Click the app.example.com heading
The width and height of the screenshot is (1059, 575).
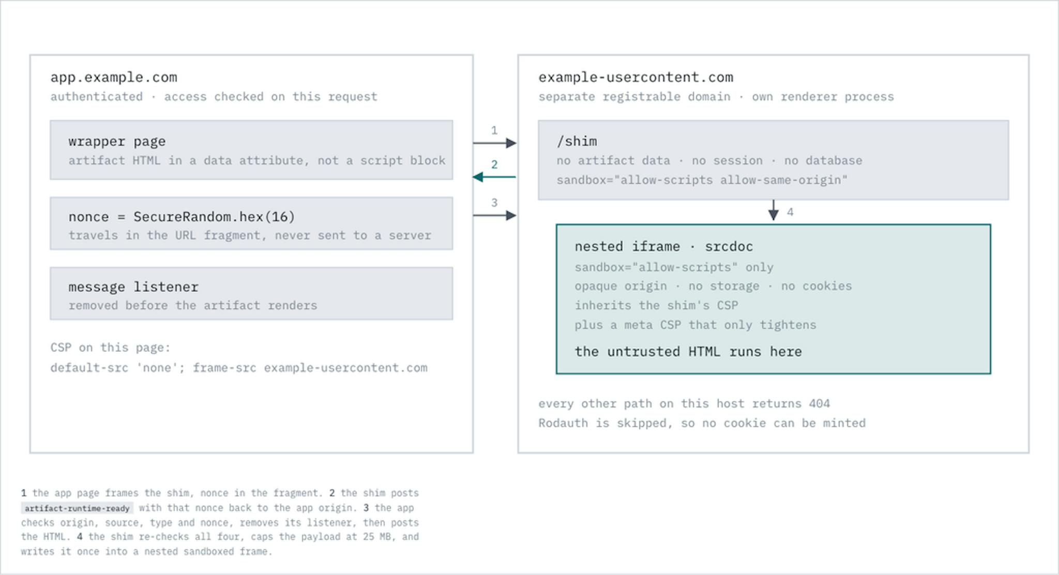pyautogui.click(x=114, y=77)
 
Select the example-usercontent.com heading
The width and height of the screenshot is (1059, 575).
pyautogui.click(x=636, y=77)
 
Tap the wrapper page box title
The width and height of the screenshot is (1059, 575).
pyautogui.click(x=117, y=141)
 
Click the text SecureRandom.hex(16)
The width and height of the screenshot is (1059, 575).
pyautogui.click(x=214, y=216)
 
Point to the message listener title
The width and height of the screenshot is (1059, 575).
pyautogui.click(x=133, y=286)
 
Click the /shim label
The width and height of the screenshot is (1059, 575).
pyautogui.click(x=577, y=141)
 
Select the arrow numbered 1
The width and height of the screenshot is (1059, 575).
pyautogui.click(x=494, y=143)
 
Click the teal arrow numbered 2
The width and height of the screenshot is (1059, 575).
pyautogui.click(x=494, y=177)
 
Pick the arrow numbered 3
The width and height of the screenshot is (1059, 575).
pyautogui.click(x=494, y=215)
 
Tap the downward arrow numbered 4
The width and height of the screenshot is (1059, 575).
pyautogui.click(x=774, y=210)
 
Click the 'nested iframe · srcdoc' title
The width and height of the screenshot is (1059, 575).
pyautogui.click(x=663, y=246)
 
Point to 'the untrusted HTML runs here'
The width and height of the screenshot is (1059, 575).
pyautogui.click(x=688, y=352)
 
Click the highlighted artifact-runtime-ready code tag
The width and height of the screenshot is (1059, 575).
pyautogui.click(x=77, y=508)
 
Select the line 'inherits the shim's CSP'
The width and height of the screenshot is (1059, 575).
pyautogui.click(x=656, y=305)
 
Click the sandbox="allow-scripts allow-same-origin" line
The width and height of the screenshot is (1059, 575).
pyautogui.click(x=702, y=180)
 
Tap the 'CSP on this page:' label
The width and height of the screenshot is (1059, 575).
pyautogui.click(x=110, y=347)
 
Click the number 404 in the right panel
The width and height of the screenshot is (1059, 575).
pyautogui.click(x=819, y=403)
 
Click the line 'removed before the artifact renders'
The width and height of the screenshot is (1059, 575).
pyautogui.click(x=193, y=305)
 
